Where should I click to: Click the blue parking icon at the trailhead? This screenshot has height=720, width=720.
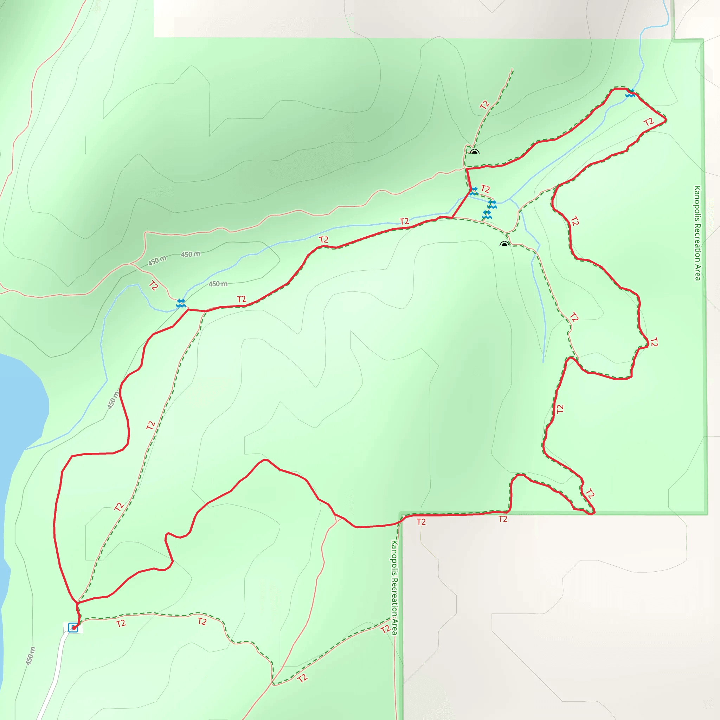coord(73,628)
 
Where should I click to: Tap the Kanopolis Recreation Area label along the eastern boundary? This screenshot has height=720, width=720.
coord(697,233)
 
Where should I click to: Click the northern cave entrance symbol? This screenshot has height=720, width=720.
coord(474,152)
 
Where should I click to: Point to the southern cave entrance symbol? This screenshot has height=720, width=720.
coord(504,244)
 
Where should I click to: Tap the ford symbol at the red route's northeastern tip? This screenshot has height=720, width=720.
coord(630,94)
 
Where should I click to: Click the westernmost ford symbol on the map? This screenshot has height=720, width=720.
coord(181,303)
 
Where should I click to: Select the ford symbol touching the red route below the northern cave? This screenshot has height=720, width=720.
coord(473,191)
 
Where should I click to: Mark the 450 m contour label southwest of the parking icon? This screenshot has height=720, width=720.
coord(31,656)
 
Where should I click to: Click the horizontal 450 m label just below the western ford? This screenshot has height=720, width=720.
coord(218,284)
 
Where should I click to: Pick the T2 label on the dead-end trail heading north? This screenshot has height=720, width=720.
coord(484,105)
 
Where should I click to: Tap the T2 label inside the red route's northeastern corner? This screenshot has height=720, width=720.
coord(649,122)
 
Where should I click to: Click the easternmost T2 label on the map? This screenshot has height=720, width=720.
coord(654,342)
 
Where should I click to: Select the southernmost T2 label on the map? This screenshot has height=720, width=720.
coord(303,677)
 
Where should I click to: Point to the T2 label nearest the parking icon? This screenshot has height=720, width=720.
coord(121,623)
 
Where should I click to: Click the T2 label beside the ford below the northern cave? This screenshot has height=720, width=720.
coord(485,188)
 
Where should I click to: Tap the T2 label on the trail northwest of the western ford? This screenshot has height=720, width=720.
coord(154,285)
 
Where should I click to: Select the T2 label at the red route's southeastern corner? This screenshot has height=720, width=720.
coord(590,494)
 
